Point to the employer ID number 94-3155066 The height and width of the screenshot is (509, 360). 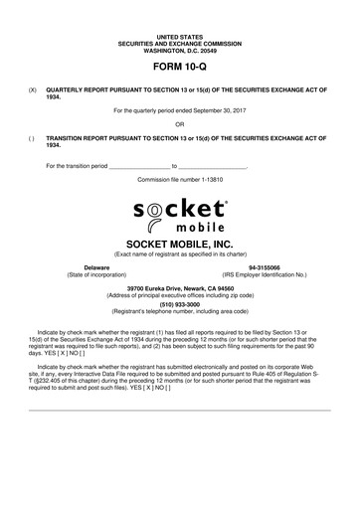click(265, 267)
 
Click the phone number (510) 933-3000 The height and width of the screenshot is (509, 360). click(179, 303)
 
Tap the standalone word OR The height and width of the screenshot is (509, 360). click(179, 124)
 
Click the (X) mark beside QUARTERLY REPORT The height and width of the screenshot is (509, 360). click(33, 87)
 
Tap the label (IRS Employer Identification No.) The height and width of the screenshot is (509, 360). click(265, 274)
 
